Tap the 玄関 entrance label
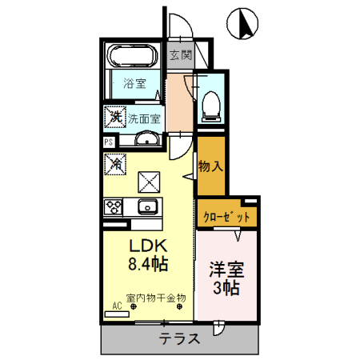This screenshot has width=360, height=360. click(181, 56)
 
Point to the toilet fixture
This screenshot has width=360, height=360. click(212, 103)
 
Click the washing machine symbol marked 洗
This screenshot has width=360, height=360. click(114, 118)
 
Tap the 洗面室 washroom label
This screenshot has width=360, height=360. click(145, 118)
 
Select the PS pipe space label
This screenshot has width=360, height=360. click(108, 144)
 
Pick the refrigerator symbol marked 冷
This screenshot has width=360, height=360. click(115, 164)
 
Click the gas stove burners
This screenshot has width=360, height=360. click(112, 207)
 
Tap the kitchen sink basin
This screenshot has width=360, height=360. click(147, 208)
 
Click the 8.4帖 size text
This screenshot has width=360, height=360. click(148, 262)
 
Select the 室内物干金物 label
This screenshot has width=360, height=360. click(155, 298)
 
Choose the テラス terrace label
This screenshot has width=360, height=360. click(179, 338)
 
